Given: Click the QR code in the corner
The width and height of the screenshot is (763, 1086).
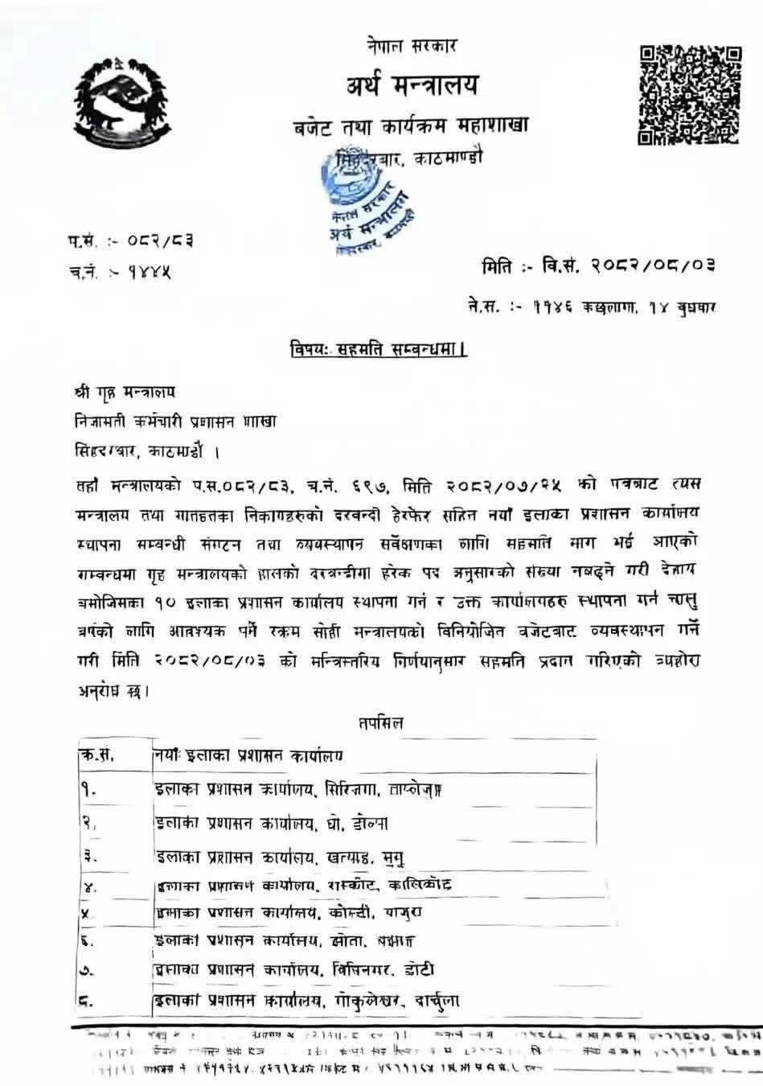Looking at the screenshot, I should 689,94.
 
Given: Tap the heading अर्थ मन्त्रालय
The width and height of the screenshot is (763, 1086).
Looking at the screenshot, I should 412,84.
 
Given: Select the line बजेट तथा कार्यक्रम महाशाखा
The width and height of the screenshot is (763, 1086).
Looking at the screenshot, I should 410,127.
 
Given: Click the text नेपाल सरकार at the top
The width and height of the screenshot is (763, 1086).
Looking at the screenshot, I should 410,46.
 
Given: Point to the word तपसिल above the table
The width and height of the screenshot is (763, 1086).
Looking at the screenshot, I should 380,722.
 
